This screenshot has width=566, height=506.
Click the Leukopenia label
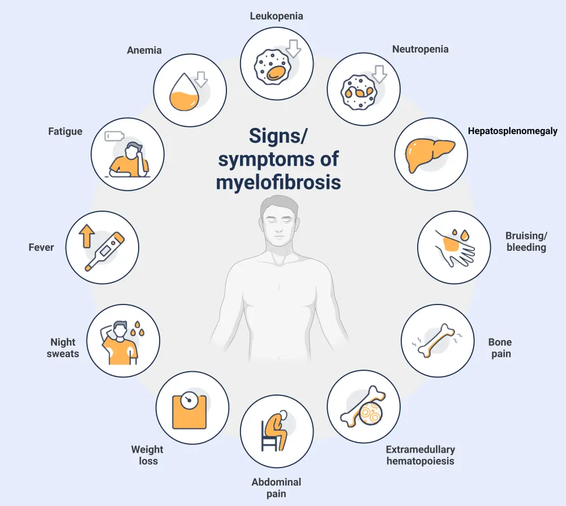coord(277,16)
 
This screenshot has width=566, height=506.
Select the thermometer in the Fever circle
coord(105,252)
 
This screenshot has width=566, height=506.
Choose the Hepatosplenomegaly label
coord(512,131)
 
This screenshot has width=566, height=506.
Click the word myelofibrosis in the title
coord(278,182)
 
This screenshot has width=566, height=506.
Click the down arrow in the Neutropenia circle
coord(379,74)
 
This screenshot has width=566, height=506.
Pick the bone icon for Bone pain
coord(436,341)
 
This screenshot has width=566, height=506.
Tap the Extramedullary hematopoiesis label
coord(420,455)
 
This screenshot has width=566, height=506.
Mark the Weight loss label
coord(147,455)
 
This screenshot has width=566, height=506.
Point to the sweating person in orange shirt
coord(119,344)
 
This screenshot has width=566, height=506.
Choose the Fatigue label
coord(65,131)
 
